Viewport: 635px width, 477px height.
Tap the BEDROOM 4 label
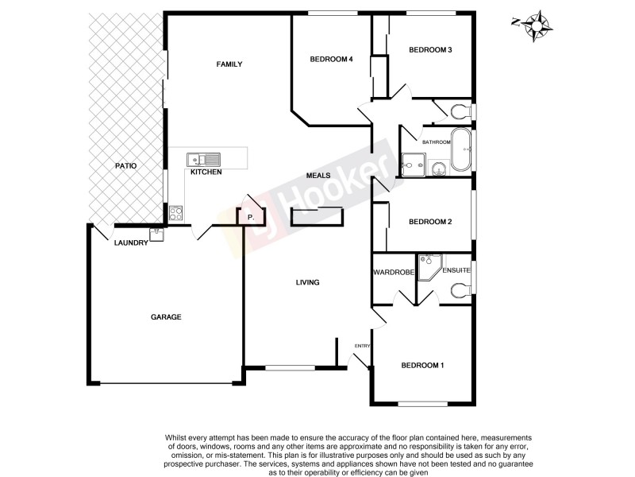(331, 59)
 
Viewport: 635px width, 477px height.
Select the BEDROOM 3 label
(430, 50)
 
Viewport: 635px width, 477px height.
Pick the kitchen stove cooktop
(175, 213)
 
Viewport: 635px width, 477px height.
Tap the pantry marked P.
(251, 216)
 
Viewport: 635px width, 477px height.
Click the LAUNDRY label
(131, 243)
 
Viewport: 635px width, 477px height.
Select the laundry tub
(156, 234)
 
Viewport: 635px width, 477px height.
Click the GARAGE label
(167, 316)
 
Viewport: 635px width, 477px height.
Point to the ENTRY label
(363, 345)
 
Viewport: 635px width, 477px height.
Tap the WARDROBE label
(394, 273)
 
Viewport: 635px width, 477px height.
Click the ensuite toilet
(460, 291)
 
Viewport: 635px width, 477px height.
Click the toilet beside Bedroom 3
(460, 110)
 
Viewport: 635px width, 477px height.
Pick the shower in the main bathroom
(413, 163)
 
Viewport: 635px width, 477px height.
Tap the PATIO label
(125, 166)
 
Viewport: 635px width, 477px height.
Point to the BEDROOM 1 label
(422, 366)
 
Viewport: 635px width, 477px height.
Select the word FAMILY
(229, 64)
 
